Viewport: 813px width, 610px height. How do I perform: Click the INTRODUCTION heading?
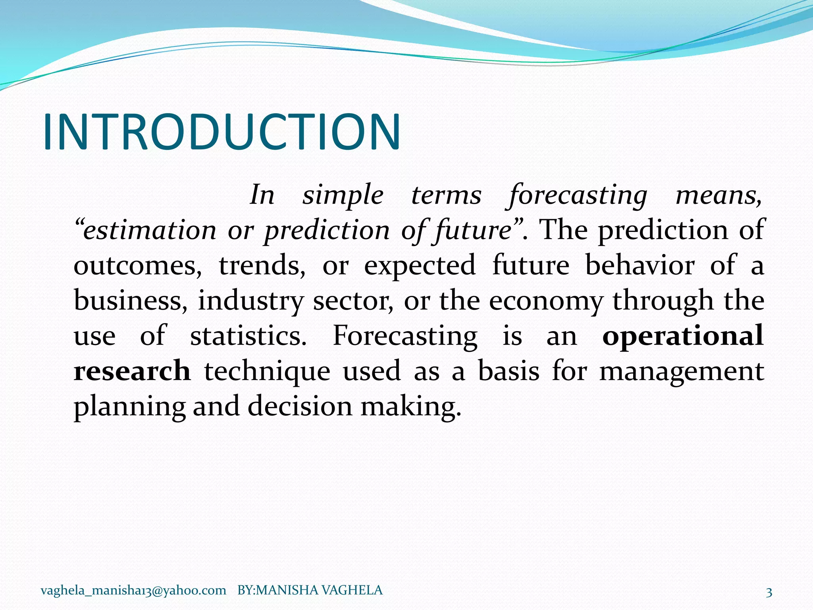point(222,132)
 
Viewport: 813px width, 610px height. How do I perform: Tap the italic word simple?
point(343,195)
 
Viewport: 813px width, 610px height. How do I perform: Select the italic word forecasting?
point(578,195)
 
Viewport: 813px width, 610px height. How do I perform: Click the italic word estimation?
point(149,230)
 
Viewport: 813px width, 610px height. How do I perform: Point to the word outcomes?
point(137,265)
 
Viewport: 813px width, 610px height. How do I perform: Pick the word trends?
point(262,265)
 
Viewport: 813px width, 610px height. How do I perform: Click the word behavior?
point(640,265)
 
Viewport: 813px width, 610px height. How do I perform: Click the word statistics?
point(249,336)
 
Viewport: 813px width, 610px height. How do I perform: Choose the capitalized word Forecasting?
point(405,336)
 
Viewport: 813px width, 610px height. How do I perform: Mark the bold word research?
point(132,371)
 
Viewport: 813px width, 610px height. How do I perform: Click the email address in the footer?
point(133,591)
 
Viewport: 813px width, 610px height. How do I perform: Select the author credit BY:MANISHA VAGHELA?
point(310,591)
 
